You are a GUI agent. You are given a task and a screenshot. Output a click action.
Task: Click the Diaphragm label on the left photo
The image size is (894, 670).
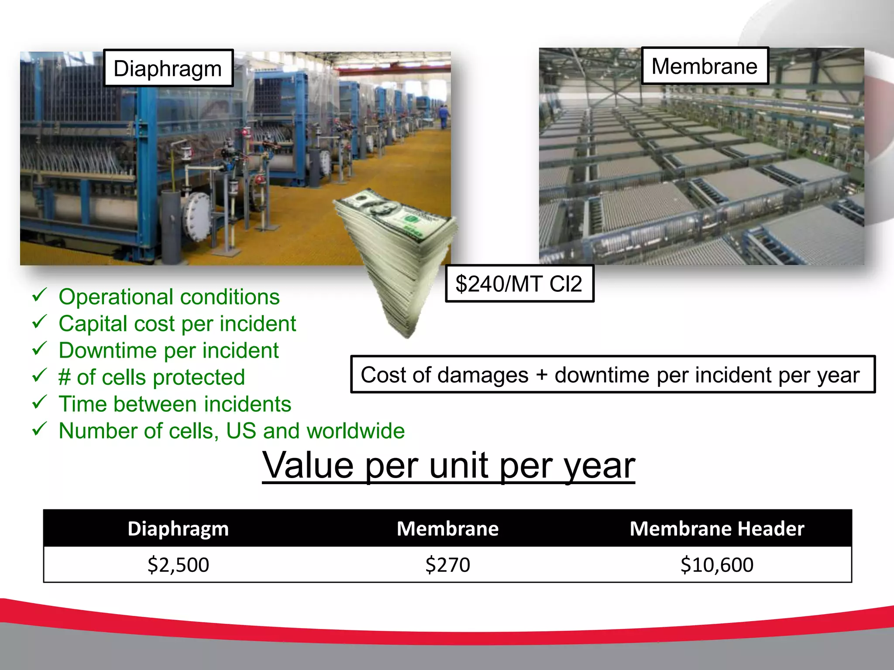point(168,68)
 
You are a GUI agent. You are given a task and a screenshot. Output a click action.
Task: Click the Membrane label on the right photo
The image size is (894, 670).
point(705,66)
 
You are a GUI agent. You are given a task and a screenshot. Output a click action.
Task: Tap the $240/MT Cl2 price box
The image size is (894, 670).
point(519,284)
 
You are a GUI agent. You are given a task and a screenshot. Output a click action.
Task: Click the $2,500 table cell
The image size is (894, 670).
point(178,564)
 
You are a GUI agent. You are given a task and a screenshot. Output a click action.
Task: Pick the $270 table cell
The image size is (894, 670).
point(447,564)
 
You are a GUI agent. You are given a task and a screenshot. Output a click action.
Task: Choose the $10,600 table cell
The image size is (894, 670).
point(717,564)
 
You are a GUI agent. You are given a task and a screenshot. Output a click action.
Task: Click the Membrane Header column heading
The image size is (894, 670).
point(717,529)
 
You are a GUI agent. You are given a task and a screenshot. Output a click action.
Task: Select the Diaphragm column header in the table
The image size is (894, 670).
point(178,529)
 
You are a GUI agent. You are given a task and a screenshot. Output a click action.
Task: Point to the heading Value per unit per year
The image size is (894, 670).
point(448,466)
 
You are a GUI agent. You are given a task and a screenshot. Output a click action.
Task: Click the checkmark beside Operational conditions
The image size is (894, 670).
point(39,296)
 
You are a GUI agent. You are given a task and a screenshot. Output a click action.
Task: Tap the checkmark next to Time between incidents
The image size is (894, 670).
point(39,403)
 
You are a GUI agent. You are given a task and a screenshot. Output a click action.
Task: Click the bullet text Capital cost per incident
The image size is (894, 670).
point(177,324)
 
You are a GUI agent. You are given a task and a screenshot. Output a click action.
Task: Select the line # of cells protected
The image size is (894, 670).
point(151,377)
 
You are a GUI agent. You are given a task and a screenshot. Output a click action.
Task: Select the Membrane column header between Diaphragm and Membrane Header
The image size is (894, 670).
point(447,529)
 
